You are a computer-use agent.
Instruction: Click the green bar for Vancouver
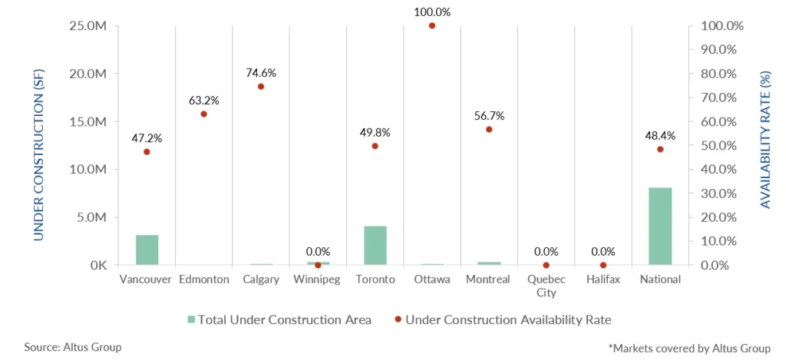pyautogui.click(x=147, y=249)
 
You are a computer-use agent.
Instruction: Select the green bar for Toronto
pyautogui.click(x=375, y=246)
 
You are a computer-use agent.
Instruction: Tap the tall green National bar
pyautogui.click(x=660, y=226)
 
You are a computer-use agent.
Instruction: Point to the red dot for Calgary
pyautogui.click(x=260, y=87)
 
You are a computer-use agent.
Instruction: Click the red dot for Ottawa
pyautogui.click(x=431, y=25)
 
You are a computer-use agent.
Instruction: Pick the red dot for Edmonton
pyautogui.click(x=203, y=114)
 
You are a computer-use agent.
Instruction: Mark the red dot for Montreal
pyautogui.click(x=489, y=129)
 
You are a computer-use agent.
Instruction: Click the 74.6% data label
pyautogui.click(x=260, y=73)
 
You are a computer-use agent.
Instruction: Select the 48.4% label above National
pyautogui.click(x=660, y=135)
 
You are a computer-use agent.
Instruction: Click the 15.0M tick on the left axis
pyautogui.click(x=88, y=121)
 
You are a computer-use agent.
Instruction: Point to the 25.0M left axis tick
pyautogui.click(x=88, y=25)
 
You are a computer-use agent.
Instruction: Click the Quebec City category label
pyautogui.click(x=546, y=286)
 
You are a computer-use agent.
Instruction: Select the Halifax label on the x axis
pyautogui.click(x=603, y=279)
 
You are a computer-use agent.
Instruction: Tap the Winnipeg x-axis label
pyautogui.click(x=318, y=279)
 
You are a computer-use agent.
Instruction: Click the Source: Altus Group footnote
pyautogui.click(x=73, y=347)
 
